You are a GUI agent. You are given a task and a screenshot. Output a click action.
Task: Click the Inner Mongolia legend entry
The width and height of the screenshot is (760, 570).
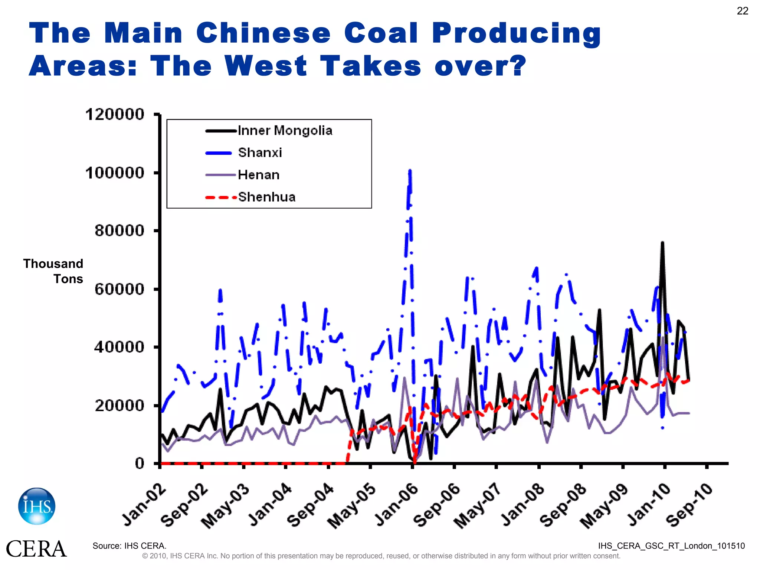point(285,131)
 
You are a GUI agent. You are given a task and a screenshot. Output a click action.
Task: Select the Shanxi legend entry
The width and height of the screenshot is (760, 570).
point(260,153)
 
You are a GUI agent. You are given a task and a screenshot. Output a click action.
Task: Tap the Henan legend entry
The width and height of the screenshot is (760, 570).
point(259,175)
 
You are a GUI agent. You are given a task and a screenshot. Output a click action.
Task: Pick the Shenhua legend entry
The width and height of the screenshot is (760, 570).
point(266,197)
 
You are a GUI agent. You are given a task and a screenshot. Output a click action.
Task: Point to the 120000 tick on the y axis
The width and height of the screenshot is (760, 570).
point(115,114)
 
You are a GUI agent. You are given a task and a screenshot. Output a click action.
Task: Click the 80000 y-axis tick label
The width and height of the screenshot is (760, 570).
point(119,230)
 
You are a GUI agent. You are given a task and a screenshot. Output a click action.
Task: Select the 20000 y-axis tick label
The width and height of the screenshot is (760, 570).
point(119,405)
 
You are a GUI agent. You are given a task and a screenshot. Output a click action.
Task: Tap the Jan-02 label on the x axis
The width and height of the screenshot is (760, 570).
point(144,505)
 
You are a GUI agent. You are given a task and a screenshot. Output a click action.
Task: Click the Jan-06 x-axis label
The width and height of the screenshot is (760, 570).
point(396,505)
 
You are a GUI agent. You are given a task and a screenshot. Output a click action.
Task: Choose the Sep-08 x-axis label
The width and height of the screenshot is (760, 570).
point(563,505)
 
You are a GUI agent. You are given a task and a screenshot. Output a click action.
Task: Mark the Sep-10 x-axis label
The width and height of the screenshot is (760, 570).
point(689,505)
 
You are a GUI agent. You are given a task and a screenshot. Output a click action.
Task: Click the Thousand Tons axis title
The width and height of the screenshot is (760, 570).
point(53,271)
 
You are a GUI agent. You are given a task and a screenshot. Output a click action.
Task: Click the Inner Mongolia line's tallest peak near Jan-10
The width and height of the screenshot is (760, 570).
point(662,243)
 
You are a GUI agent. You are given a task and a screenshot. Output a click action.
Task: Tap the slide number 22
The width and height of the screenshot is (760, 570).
point(742,11)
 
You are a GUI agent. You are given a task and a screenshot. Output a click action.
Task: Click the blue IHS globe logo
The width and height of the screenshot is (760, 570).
point(37,506)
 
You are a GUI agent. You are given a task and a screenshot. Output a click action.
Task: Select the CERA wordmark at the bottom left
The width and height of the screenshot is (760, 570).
point(36,549)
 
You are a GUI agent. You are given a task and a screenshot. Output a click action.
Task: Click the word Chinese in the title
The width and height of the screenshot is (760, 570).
point(263,33)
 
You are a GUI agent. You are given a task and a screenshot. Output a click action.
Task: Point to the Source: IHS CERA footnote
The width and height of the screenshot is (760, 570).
point(130,546)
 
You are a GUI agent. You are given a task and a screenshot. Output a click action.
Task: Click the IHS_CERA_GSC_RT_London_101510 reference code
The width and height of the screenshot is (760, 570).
point(671,546)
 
